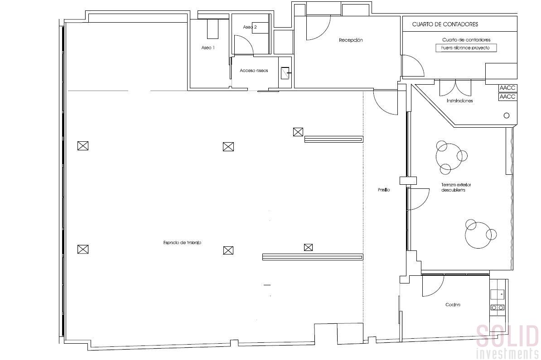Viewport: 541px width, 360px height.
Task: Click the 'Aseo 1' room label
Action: (x=208, y=48)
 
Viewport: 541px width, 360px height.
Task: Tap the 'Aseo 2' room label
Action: (x=250, y=27)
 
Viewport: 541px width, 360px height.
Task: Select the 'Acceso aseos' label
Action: (x=254, y=71)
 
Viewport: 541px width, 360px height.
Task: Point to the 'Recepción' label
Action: (x=351, y=40)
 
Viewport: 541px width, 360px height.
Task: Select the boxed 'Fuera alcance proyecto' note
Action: (x=466, y=48)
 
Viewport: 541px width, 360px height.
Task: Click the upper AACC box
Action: (x=507, y=88)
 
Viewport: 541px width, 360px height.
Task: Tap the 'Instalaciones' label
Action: (x=459, y=101)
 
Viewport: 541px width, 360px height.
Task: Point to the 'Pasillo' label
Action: (x=384, y=190)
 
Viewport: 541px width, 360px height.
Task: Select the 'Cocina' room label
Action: (x=453, y=305)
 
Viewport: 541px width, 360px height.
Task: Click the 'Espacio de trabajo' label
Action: (x=182, y=243)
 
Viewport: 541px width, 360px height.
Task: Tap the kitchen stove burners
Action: (x=498, y=307)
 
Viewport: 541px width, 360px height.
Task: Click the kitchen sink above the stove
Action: (x=498, y=294)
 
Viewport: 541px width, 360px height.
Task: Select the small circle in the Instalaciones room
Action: (x=507, y=115)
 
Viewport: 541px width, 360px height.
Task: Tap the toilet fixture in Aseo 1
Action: (x=213, y=29)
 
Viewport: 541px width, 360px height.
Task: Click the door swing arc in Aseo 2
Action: (x=245, y=45)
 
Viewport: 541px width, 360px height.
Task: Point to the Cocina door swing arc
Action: (x=433, y=288)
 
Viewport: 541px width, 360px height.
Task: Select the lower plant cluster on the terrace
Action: (x=480, y=234)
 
